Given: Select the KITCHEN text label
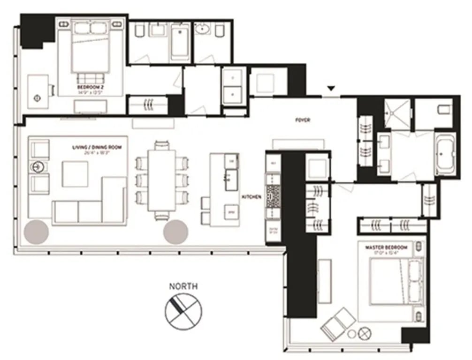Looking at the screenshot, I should [x=251, y=197].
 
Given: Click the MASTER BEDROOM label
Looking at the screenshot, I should [x=389, y=247].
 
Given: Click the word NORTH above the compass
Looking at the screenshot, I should [x=183, y=286].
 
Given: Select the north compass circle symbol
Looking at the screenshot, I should [x=183, y=311].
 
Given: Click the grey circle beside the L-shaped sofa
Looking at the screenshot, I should [x=36, y=232].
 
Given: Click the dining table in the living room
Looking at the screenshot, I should [x=161, y=180].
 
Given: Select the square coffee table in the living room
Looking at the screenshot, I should [x=75, y=174].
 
